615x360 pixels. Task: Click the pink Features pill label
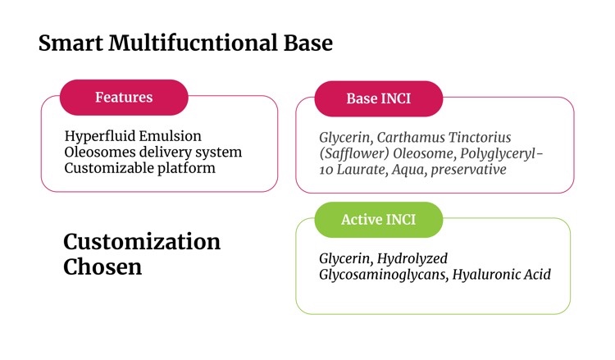tap(124, 98)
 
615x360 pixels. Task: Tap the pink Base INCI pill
tap(379, 98)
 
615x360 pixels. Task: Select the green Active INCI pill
tap(379, 220)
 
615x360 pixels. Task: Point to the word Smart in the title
tap(71, 43)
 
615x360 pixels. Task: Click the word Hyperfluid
tap(99, 136)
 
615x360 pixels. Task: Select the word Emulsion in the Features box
tap(170, 136)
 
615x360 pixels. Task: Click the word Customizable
tap(108, 168)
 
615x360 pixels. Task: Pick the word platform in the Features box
tap(186, 169)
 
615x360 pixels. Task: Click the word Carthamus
tap(411, 137)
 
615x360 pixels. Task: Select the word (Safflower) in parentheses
tap(354, 153)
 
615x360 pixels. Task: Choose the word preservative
tap(468, 170)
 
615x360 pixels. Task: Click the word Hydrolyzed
tap(412, 259)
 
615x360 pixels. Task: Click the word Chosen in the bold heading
tap(102, 267)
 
